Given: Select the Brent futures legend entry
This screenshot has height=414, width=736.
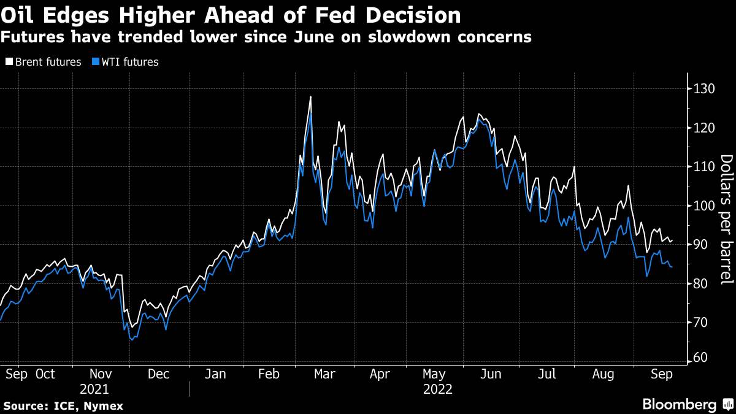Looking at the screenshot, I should [x=43, y=62].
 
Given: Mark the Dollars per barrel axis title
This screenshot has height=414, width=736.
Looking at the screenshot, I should [x=726, y=220].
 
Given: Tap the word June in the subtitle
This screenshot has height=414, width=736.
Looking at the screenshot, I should [x=314, y=37].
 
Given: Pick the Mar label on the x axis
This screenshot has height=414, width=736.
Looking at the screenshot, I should [x=325, y=374].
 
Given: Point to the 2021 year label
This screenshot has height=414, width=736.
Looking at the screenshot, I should [x=94, y=389].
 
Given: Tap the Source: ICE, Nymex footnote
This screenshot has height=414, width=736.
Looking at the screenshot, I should [x=63, y=406].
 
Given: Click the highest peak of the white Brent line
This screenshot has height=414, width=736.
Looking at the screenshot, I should [x=311, y=97].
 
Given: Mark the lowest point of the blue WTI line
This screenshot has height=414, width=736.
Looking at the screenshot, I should [x=132, y=339].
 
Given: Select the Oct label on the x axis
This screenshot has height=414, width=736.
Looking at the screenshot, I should [x=45, y=374].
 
